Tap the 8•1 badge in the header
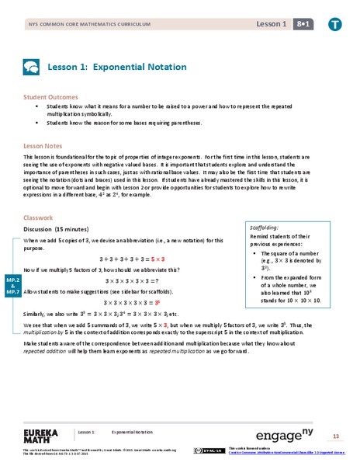pyautogui.click(x=297, y=26)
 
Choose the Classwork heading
pyautogui.click(x=39, y=218)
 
